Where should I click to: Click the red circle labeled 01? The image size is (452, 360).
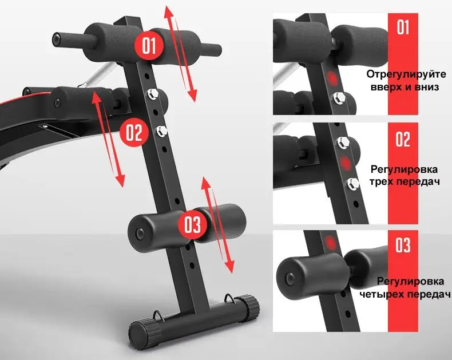coord(149,46)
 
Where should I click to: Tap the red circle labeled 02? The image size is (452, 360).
coord(134,133)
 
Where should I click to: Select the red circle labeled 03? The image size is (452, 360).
coord(193,225)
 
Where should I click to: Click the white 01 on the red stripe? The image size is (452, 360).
coord(403,27)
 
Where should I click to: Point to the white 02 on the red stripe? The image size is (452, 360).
coord(403,139)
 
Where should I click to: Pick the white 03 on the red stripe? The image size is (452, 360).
coord(402,246)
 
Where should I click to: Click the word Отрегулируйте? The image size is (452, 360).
coord(406,74)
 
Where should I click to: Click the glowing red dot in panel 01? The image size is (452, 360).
coord(332,79)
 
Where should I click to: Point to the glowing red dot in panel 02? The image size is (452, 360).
coord(346,163)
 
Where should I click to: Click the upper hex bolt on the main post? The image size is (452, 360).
coord(152,94)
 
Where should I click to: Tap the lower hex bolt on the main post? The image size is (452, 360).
coord(162,131)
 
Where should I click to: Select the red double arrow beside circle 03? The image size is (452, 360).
coord(217,225)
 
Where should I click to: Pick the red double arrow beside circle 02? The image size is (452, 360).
coord(108,139)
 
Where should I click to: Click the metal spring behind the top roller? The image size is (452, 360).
coord(97,76)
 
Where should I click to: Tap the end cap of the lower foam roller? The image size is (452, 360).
coord(140,233)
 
